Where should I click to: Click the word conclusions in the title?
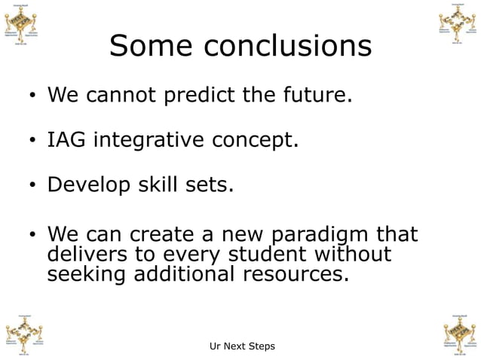[x=287, y=47]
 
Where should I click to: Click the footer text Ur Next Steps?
[x=241, y=346]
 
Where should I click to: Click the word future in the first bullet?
[x=317, y=96]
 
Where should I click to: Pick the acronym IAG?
[x=66, y=140]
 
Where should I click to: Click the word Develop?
[x=86, y=185]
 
